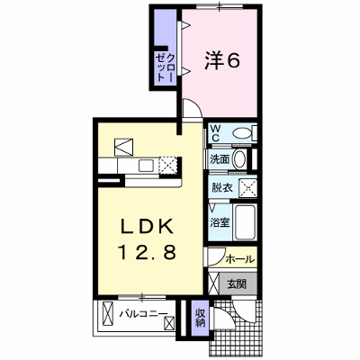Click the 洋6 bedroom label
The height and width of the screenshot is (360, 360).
pyautogui.click(x=222, y=60)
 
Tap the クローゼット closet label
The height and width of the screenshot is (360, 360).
pyautogui.click(x=165, y=67)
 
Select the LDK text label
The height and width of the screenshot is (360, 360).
pyautogui.click(x=147, y=227)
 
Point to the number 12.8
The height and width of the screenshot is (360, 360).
pyautogui.click(x=148, y=252)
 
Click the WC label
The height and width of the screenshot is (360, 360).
pyautogui.click(x=215, y=133)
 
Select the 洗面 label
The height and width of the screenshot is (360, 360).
pyautogui.click(x=220, y=159)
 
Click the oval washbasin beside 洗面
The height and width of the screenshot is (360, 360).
pyautogui.click(x=239, y=159)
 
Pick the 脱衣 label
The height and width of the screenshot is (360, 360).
pyautogui.click(x=222, y=188)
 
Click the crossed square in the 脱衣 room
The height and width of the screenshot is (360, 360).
pyautogui.click(x=247, y=188)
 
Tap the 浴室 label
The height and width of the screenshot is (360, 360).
pyautogui.click(x=220, y=222)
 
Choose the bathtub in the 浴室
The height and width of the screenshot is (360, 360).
pyautogui.click(x=245, y=222)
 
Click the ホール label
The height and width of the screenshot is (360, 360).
pyautogui.click(x=240, y=258)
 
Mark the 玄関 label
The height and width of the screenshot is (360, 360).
pyautogui.click(x=237, y=283)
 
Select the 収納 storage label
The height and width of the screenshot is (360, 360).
pyautogui.click(x=200, y=318)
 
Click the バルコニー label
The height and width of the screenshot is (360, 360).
pyautogui.click(x=144, y=314)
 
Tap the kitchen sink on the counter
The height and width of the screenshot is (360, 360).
pyautogui.click(x=146, y=166)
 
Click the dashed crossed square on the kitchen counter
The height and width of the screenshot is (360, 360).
pyautogui.click(x=168, y=166)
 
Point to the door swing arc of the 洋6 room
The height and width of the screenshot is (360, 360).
pyautogui.click(x=195, y=105)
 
